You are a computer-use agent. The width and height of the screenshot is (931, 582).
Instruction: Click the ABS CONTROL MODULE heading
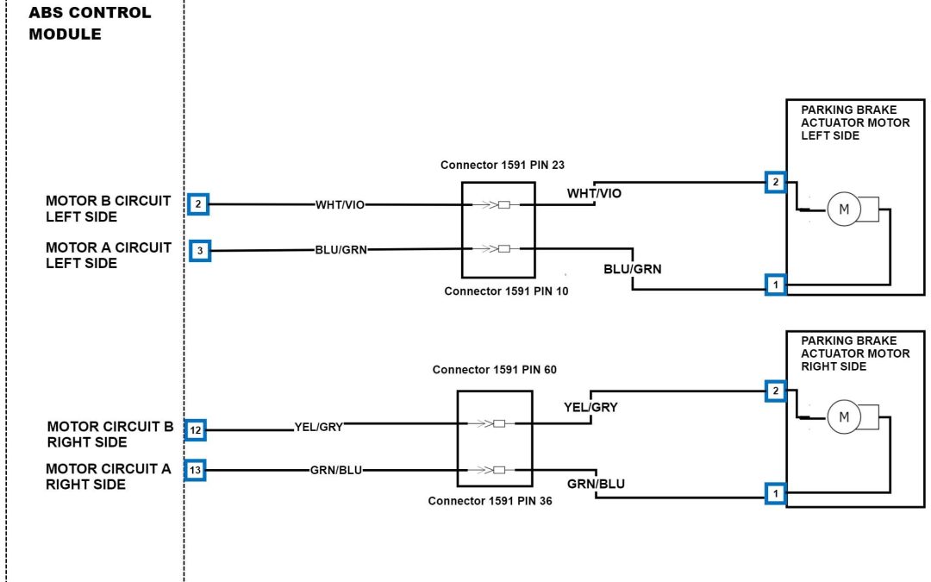pyautogui.click(x=90, y=24)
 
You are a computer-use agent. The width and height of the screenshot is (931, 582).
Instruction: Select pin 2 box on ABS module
pyautogui.click(x=198, y=204)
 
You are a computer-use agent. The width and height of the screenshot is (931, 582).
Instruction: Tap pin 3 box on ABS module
pyautogui.click(x=199, y=251)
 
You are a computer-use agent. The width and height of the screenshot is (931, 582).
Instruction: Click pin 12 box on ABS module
pyautogui.click(x=197, y=429)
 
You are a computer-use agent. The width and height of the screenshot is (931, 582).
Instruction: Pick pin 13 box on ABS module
pyautogui.click(x=197, y=470)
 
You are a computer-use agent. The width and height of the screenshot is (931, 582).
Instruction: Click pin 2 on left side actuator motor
pyautogui.click(x=775, y=182)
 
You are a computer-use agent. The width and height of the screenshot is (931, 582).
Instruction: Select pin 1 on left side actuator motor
pyautogui.click(x=775, y=284)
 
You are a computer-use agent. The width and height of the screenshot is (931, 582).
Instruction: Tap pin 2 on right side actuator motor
pyautogui.click(x=775, y=391)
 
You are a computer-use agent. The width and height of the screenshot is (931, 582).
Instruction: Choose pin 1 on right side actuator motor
pyautogui.click(x=775, y=494)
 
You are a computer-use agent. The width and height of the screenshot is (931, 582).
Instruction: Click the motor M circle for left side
pyautogui.click(x=844, y=209)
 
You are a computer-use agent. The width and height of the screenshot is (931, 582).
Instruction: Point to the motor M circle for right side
pyautogui.click(x=844, y=418)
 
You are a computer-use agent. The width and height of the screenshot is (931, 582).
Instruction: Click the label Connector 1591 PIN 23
pyautogui.click(x=502, y=165)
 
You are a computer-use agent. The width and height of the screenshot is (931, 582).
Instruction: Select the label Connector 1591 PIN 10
pyautogui.click(x=506, y=291)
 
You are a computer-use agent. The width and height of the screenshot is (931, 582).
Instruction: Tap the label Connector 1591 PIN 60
pyautogui.click(x=494, y=370)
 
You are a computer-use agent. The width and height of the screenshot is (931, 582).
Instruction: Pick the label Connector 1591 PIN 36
pyautogui.click(x=490, y=500)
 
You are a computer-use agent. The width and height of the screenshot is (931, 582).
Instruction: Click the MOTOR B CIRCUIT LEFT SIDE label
pyautogui.click(x=108, y=208)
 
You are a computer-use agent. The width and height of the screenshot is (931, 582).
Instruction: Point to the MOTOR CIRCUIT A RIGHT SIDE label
pyautogui.click(x=109, y=477)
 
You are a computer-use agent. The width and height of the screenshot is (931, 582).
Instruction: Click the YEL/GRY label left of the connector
pyautogui.click(x=318, y=426)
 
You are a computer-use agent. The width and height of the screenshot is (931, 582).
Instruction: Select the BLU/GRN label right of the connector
pyautogui.click(x=632, y=269)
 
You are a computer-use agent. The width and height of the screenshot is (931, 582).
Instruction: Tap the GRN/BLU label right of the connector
pyautogui.click(x=596, y=484)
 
